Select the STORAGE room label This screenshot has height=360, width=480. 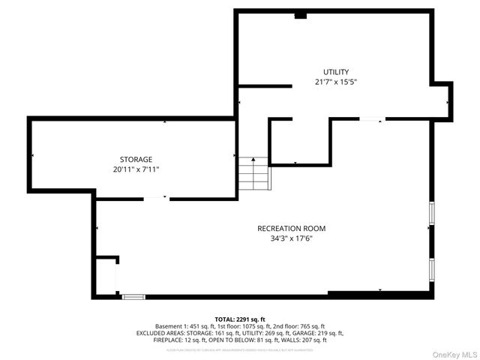[136, 159]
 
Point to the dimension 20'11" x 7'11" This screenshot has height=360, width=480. [136, 169]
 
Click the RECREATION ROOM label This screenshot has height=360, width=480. [291, 228]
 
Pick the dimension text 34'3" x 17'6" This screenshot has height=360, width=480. [291, 238]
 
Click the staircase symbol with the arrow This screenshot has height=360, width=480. [253, 174]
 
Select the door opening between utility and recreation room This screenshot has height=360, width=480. [372, 118]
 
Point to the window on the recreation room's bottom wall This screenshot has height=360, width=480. [133, 297]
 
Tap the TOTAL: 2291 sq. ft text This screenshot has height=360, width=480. [240, 319]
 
